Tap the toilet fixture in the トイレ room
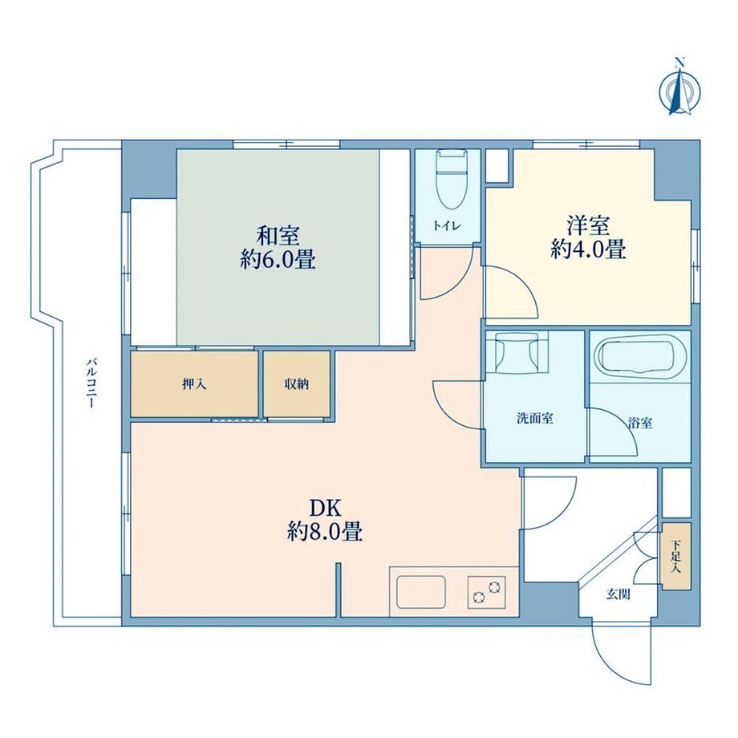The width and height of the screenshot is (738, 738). pyautogui.click(x=451, y=178)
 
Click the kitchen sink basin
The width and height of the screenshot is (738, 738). pyautogui.click(x=421, y=592)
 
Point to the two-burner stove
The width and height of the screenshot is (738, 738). pyautogui.click(x=487, y=592)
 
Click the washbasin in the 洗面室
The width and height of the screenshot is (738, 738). pyautogui.click(x=517, y=351)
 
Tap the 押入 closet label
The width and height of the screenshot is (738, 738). pyautogui.click(x=194, y=384)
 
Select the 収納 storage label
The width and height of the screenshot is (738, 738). pyautogui.click(x=297, y=384)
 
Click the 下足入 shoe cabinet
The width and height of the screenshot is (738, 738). pyautogui.click(x=676, y=557)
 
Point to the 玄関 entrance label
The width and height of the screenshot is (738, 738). pyautogui.click(x=618, y=594)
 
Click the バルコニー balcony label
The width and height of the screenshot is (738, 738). pyautogui.click(x=91, y=383)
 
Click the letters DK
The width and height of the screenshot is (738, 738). pyautogui.click(x=325, y=508)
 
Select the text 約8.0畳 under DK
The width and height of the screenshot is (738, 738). pyautogui.click(x=325, y=532)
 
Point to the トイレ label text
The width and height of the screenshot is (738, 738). pyautogui.click(x=447, y=226)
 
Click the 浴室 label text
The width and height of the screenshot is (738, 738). pyautogui.click(x=640, y=423)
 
